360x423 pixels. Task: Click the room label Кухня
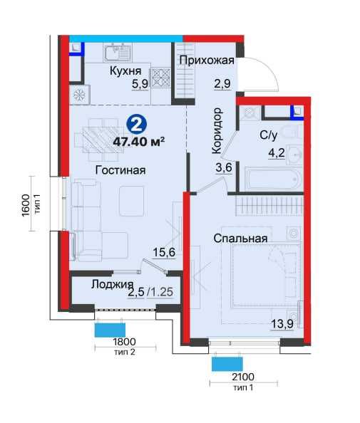tap(125, 71)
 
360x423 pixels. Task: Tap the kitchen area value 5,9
tap(140, 84)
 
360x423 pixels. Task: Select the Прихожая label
tap(207, 60)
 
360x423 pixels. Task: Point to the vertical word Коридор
tap(217, 131)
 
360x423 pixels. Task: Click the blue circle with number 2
tap(136, 125)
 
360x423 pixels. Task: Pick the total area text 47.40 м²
tap(139, 142)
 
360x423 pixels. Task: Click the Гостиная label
tap(120, 170)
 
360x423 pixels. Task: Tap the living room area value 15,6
tap(164, 253)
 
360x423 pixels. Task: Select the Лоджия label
tap(112, 284)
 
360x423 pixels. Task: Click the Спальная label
tap(240, 239)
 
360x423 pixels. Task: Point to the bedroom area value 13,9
tap(282, 324)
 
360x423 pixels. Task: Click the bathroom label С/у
tap(269, 135)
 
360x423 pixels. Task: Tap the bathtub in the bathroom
tap(273, 178)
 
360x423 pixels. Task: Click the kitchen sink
tap(118, 52)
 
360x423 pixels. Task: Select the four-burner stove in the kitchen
tap(161, 78)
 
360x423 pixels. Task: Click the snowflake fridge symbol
tap(80, 95)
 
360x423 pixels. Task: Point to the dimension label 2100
tap(243, 377)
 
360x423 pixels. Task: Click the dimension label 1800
tap(124, 342)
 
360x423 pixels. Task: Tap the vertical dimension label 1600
tap(26, 205)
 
